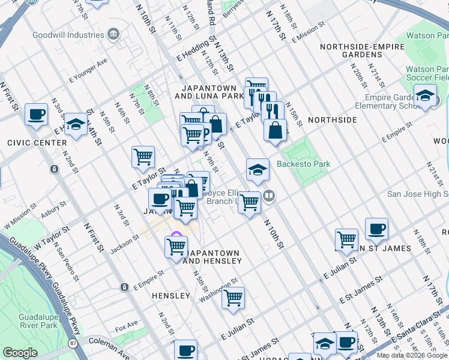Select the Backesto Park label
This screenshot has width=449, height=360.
click(303, 164)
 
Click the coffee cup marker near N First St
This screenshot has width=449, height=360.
click(36, 113)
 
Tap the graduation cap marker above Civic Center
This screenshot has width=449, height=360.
click(76, 124)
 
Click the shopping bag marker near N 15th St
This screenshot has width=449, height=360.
click(275, 130)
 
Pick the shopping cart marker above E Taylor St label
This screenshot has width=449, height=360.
click(143, 157)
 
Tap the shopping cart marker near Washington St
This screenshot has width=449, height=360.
click(233, 298)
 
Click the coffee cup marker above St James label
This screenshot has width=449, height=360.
click(376, 229)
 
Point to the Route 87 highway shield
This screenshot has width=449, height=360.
click(73, 343)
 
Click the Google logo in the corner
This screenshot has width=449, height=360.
click(20, 353)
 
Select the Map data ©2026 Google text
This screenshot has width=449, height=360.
click(411, 355)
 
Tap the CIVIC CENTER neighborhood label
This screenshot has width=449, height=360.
click(37, 143)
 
